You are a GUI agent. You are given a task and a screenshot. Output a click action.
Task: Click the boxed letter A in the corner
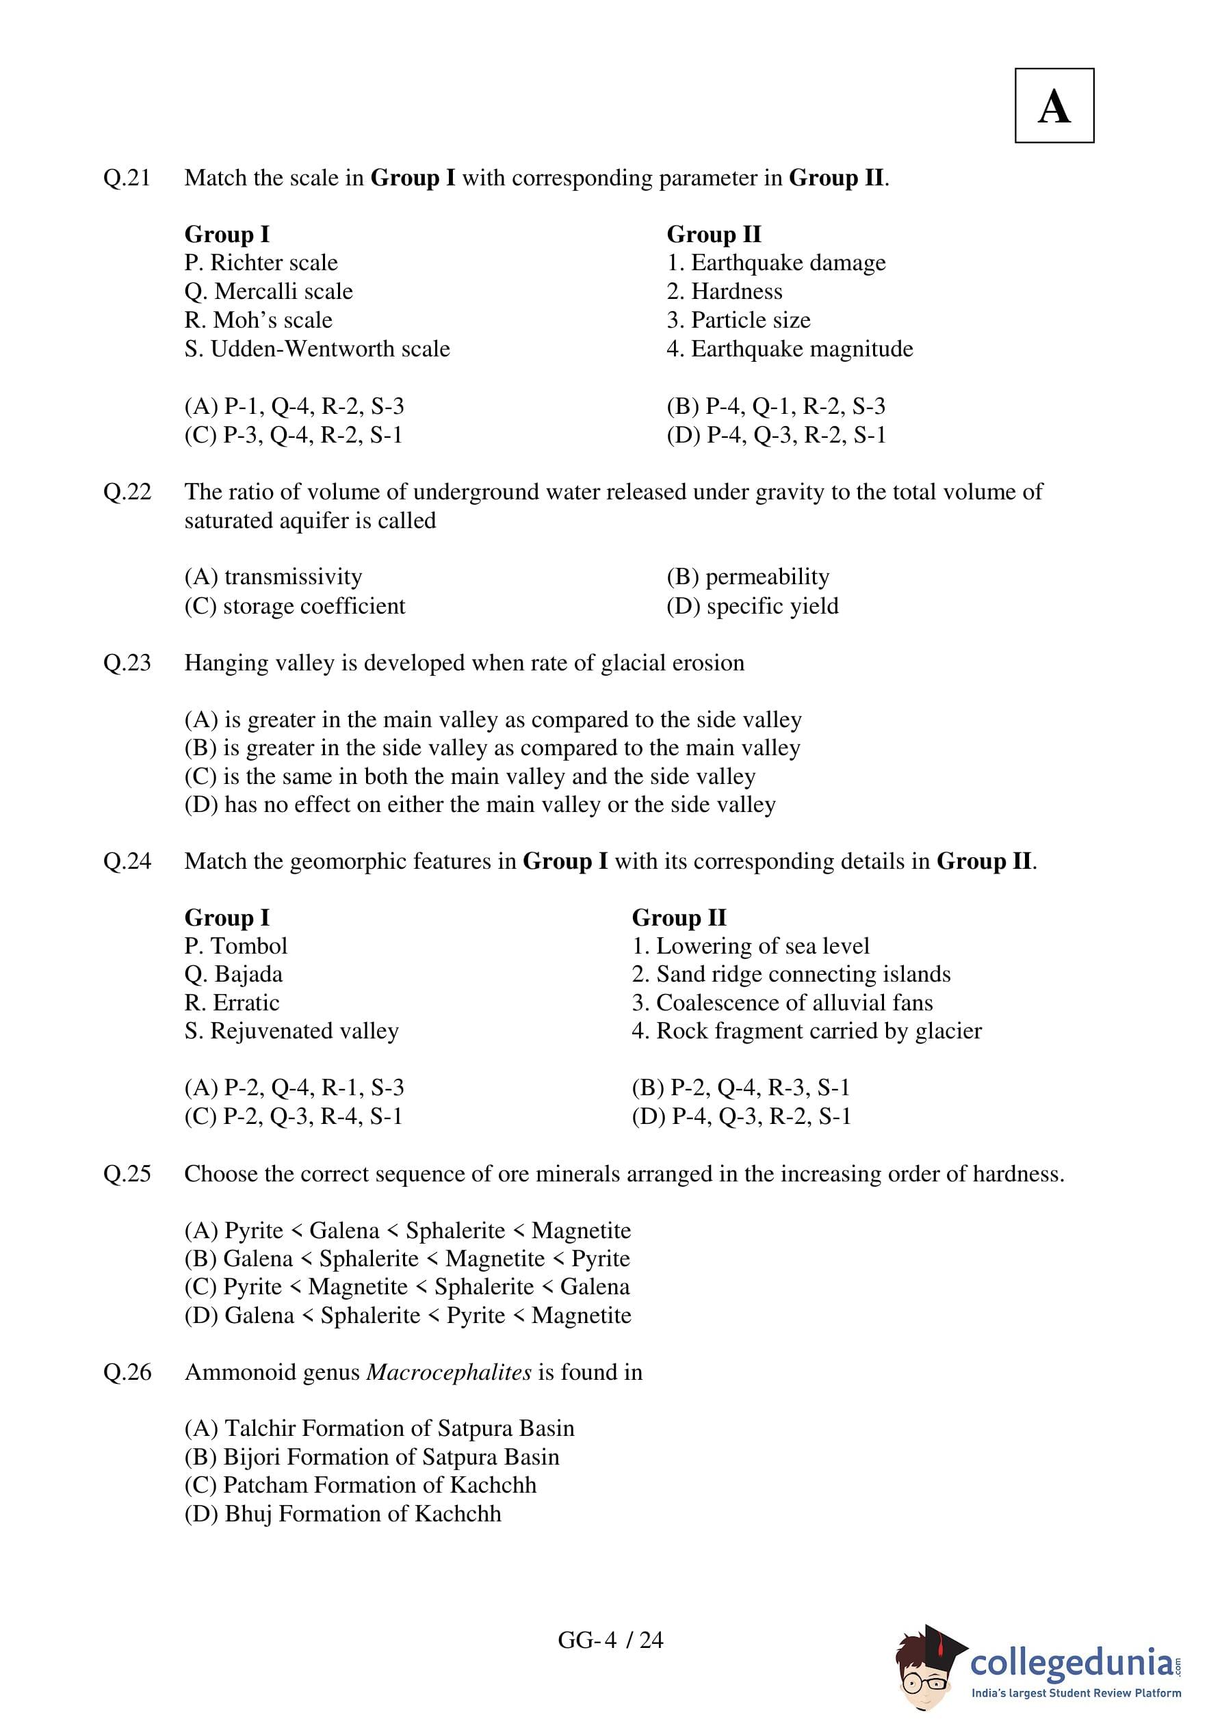pyautogui.click(x=1054, y=106)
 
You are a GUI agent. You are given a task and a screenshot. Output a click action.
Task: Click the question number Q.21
pyautogui.click(x=127, y=179)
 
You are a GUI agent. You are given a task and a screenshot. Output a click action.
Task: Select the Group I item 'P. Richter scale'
pyautogui.click(x=261, y=263)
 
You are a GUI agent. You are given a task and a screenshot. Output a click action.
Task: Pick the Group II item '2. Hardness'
pyautogui.click(x=725, y=291)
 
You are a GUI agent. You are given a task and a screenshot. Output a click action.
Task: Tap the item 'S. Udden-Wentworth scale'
pyautogui.click(x=317, y=349)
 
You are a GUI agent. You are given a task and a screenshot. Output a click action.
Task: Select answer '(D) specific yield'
pyautogui.click(x=752, y=606)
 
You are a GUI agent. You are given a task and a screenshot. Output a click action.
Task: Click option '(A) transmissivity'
pyautogui.click(x=273, y=577)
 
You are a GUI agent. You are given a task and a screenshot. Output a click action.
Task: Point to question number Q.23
pyautogui.click(x=127, y=663)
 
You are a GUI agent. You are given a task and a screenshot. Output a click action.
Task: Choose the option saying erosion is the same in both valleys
pyautogui.click(x=470, y=776)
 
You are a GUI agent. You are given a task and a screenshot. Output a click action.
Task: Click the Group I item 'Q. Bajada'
pyautogui.click(x=233, y=974)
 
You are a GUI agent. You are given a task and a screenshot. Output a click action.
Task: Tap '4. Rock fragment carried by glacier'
pyautogui.click(x=807, y=1030)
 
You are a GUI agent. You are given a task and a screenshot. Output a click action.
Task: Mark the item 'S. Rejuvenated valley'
pyautogui.click(x=291, y=1030)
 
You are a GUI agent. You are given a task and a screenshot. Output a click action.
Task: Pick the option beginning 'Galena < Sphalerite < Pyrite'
pyautogui.click(x=408, y=1315)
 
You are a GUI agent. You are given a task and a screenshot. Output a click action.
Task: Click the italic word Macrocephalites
pyautogui.click(x=449, y=1372)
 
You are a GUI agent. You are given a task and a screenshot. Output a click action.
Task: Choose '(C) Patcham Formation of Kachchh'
pyautogui.click(x=361, y=1485)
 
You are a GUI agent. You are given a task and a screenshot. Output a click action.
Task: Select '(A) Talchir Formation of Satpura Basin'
pyautogui.click(x=380, y=1428)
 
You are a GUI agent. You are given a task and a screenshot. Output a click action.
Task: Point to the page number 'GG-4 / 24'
pyautogui.click(x=610, y=1640)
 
